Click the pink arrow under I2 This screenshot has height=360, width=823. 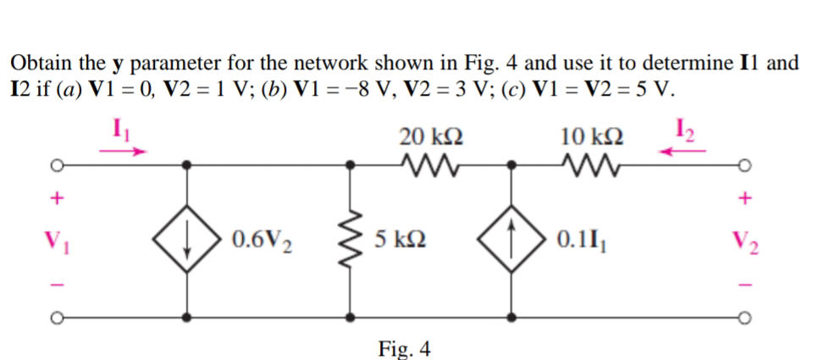point(684,152)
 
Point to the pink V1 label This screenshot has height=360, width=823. point(58,241)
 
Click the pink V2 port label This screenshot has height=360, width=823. point(745,241)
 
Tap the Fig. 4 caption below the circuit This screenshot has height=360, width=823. point(404,347)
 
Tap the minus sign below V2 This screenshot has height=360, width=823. point(745,283)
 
